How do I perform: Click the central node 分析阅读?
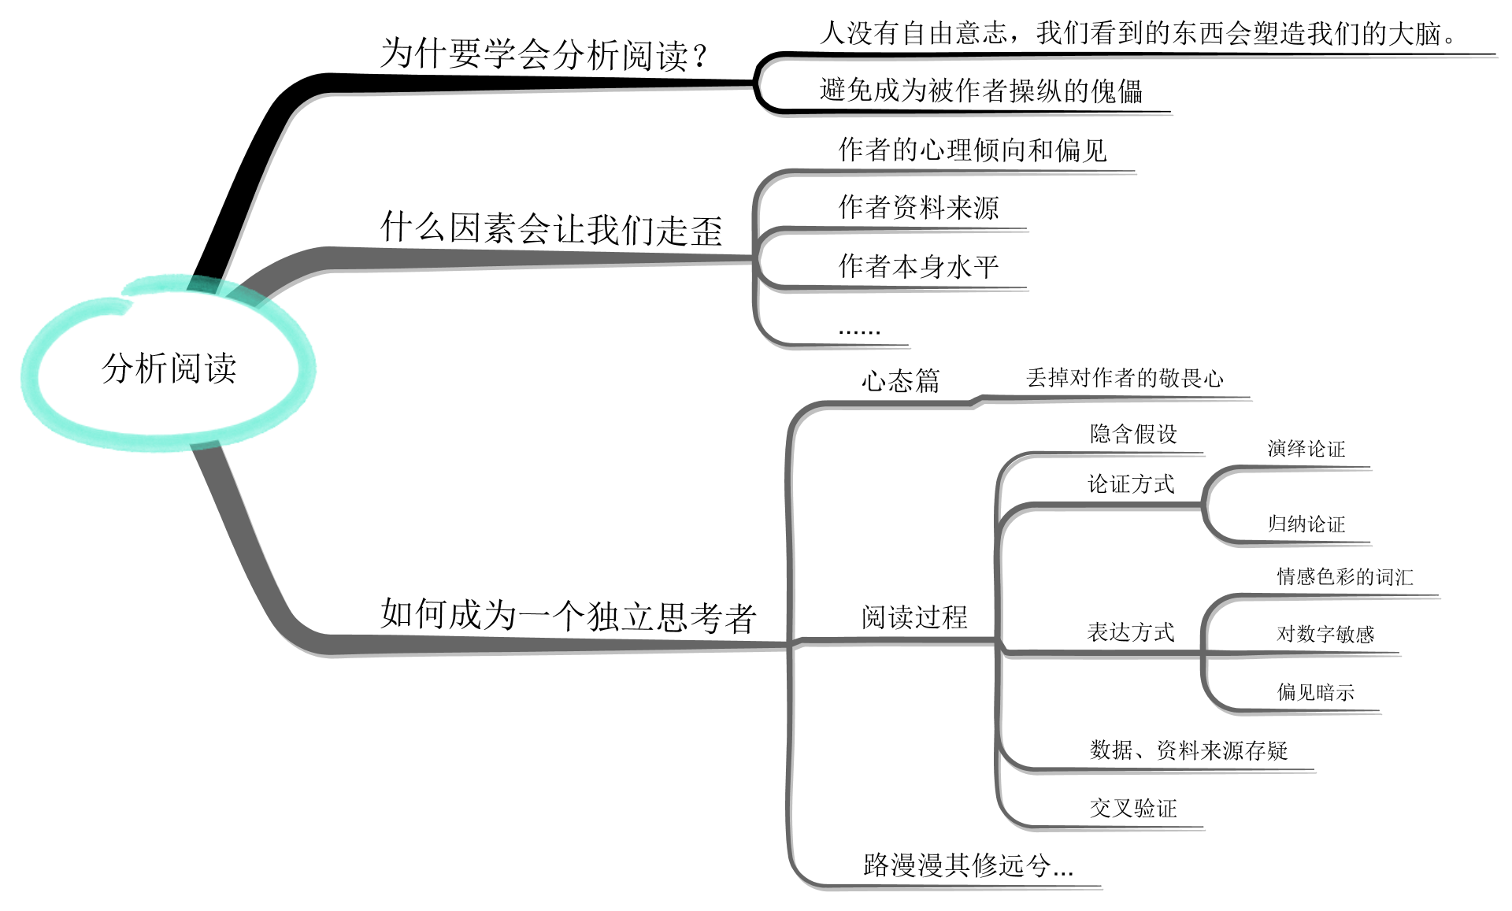169,368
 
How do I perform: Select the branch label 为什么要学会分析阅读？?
543,55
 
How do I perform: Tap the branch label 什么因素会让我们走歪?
551,229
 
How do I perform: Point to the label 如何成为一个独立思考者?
568,616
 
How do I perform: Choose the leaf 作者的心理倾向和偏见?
973,150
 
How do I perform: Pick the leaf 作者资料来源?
918,208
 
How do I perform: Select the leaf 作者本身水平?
918,267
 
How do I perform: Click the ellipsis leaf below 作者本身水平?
859,330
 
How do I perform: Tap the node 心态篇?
900,382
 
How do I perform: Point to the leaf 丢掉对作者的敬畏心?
1125,379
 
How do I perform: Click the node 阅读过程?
914,617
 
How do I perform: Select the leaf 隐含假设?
1133,434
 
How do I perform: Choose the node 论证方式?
1131,484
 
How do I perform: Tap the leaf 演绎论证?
1306,450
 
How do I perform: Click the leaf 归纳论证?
1306,524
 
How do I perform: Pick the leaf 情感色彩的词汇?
1344,577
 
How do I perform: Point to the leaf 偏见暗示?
1315,693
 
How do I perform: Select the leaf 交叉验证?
1133,809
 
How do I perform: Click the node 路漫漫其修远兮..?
968,865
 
